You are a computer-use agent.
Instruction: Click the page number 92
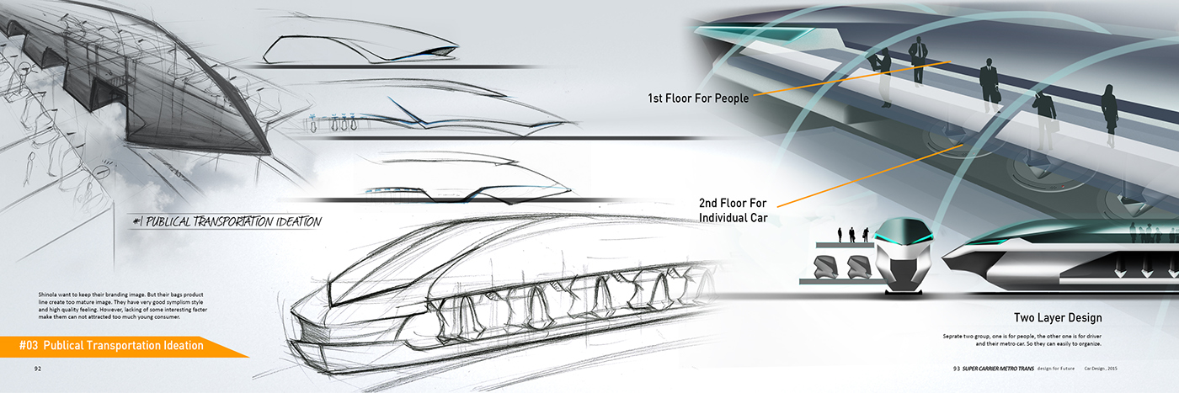point(38,369)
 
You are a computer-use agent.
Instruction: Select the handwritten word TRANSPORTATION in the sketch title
point(226,222)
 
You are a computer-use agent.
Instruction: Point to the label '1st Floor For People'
point(697,98)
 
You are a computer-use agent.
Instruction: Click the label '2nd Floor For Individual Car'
point(734,210)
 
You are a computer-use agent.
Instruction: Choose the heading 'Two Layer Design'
point(1058,318)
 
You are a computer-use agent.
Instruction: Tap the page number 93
point(957,369)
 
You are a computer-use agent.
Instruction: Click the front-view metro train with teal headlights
point(904,255)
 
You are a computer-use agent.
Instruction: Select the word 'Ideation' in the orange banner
point(183,345)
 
